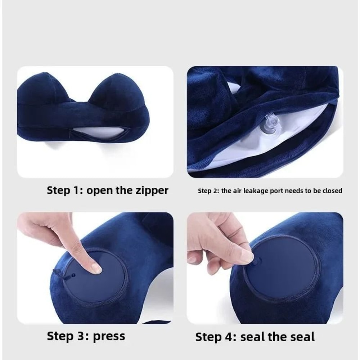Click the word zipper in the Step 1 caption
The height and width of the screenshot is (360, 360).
tap(150, 190)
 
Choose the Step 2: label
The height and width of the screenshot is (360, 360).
tap(208, 191)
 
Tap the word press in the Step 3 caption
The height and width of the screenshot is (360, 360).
tap(109, 336)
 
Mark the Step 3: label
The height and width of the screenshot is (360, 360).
tap(68, 336)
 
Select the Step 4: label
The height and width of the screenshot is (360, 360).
tap(216, 337)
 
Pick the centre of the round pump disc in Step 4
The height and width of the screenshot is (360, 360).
tap(283, 268)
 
